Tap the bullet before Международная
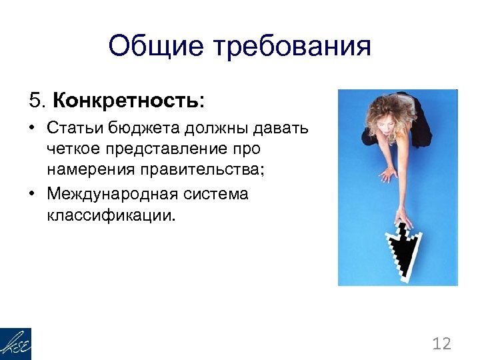pos(33,194)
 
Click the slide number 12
pos(441,344)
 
